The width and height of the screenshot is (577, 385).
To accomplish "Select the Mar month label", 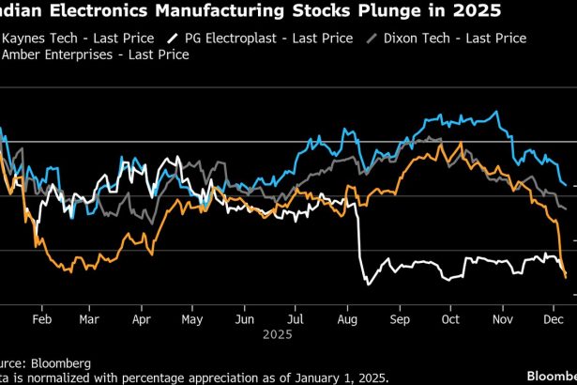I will (89, 319).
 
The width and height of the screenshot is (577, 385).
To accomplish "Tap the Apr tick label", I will (141, 319).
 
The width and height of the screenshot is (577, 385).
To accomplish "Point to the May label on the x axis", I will (191, 319).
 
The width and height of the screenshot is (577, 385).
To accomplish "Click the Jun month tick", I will (243, 319).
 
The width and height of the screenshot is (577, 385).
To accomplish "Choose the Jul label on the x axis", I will (294, 319).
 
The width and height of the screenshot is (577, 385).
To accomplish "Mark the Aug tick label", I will (346, 319).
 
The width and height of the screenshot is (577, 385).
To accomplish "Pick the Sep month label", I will (398, 319).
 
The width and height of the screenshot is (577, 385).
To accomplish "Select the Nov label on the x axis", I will (501, 319).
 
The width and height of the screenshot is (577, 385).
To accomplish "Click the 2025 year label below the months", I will (278, 333).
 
